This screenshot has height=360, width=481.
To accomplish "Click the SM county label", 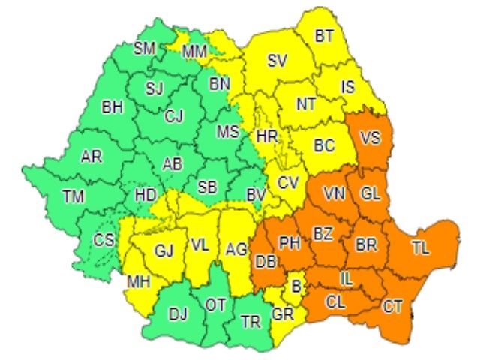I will tap(145, 49).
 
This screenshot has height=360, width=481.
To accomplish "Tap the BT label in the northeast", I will tap(324, 35).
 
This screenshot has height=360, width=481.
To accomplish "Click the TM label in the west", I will tap(74, 196).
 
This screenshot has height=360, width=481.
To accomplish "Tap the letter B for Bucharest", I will tap(296, 285).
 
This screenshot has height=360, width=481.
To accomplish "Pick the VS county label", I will tap(370, 138).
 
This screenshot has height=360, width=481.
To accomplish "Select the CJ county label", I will tap(174, 116).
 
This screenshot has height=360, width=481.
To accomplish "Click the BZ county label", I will tap(323, 234).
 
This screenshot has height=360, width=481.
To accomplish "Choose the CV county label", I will tap(287, 181).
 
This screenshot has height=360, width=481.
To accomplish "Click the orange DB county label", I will tap(265, 262).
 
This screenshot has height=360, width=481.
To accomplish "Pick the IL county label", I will tap(346, 278).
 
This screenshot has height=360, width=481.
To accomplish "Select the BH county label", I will tap(113, 108).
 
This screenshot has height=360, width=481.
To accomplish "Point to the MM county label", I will tap(195, 52).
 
